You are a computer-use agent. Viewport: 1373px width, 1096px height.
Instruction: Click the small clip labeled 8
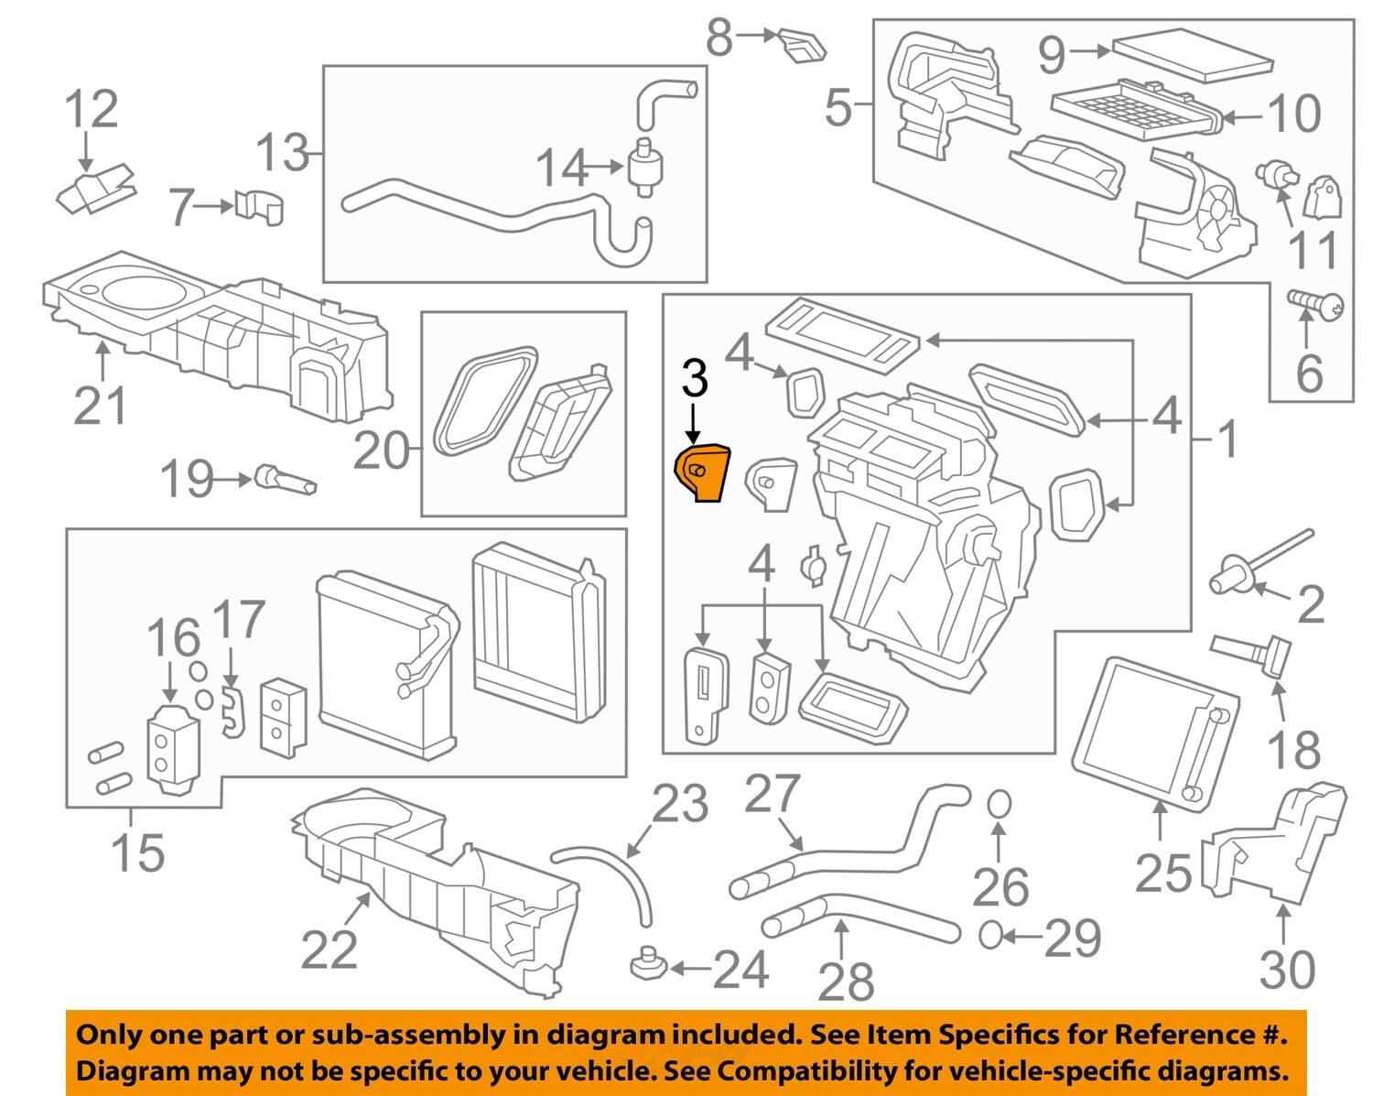pos(802,45)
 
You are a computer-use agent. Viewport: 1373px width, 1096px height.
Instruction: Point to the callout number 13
pos(282,152)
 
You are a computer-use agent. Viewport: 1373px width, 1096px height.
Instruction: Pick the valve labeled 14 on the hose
pos(647,168)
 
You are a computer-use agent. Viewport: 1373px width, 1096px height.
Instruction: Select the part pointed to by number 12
pos(95,188)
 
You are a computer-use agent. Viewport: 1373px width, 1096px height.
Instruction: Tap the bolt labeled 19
pos(286,480)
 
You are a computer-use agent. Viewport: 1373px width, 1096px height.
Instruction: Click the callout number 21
pos(100,405)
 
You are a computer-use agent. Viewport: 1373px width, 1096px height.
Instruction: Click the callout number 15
pos(137,852)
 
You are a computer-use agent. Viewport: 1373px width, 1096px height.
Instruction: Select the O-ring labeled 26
pos(1000,804)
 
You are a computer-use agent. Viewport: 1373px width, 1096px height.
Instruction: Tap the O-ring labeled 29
pos(989,935)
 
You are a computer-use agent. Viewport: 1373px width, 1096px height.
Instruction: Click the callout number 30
pos(1287,969)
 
